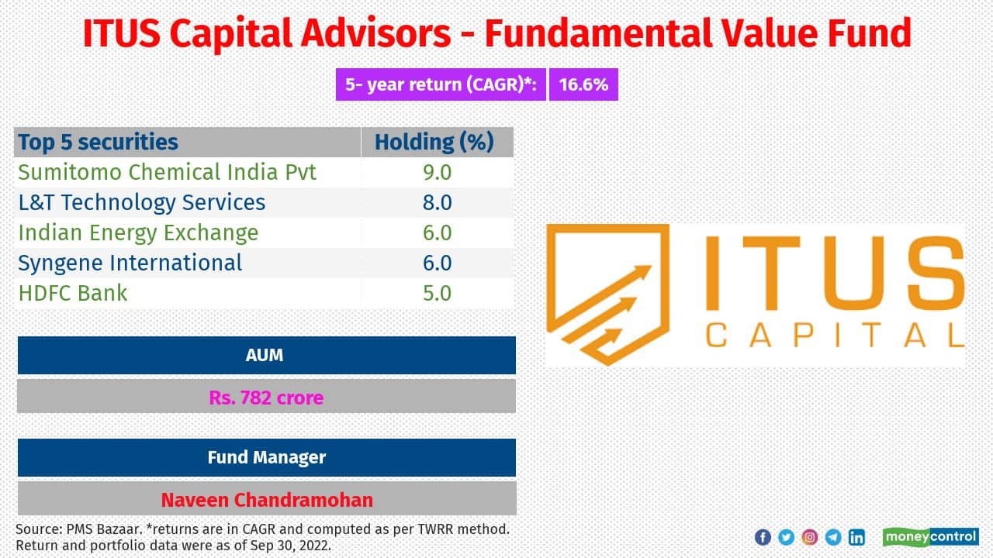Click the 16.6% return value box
tap(583, 84)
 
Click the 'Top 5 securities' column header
tap(99, 143)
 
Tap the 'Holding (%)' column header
tap(434, 143)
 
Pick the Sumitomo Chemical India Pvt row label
tap(168, 172)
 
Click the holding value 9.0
tap(437, 172)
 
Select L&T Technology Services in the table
tap(142, 202)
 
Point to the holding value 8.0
tap(437, 202)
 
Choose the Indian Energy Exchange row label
tap(138, 232)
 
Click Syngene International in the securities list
tap(130, 263)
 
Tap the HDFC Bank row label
tap(73, 293)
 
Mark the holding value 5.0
tap(437, 293)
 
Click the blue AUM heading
tap(265, 355)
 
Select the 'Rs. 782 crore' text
tap(265, 398)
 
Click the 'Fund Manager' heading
tap(265, 457)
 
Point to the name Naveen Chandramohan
tap(265, 500)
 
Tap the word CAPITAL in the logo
tap(834, 336)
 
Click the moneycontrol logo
tap(930, 536)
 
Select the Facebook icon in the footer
tap(763, 537)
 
